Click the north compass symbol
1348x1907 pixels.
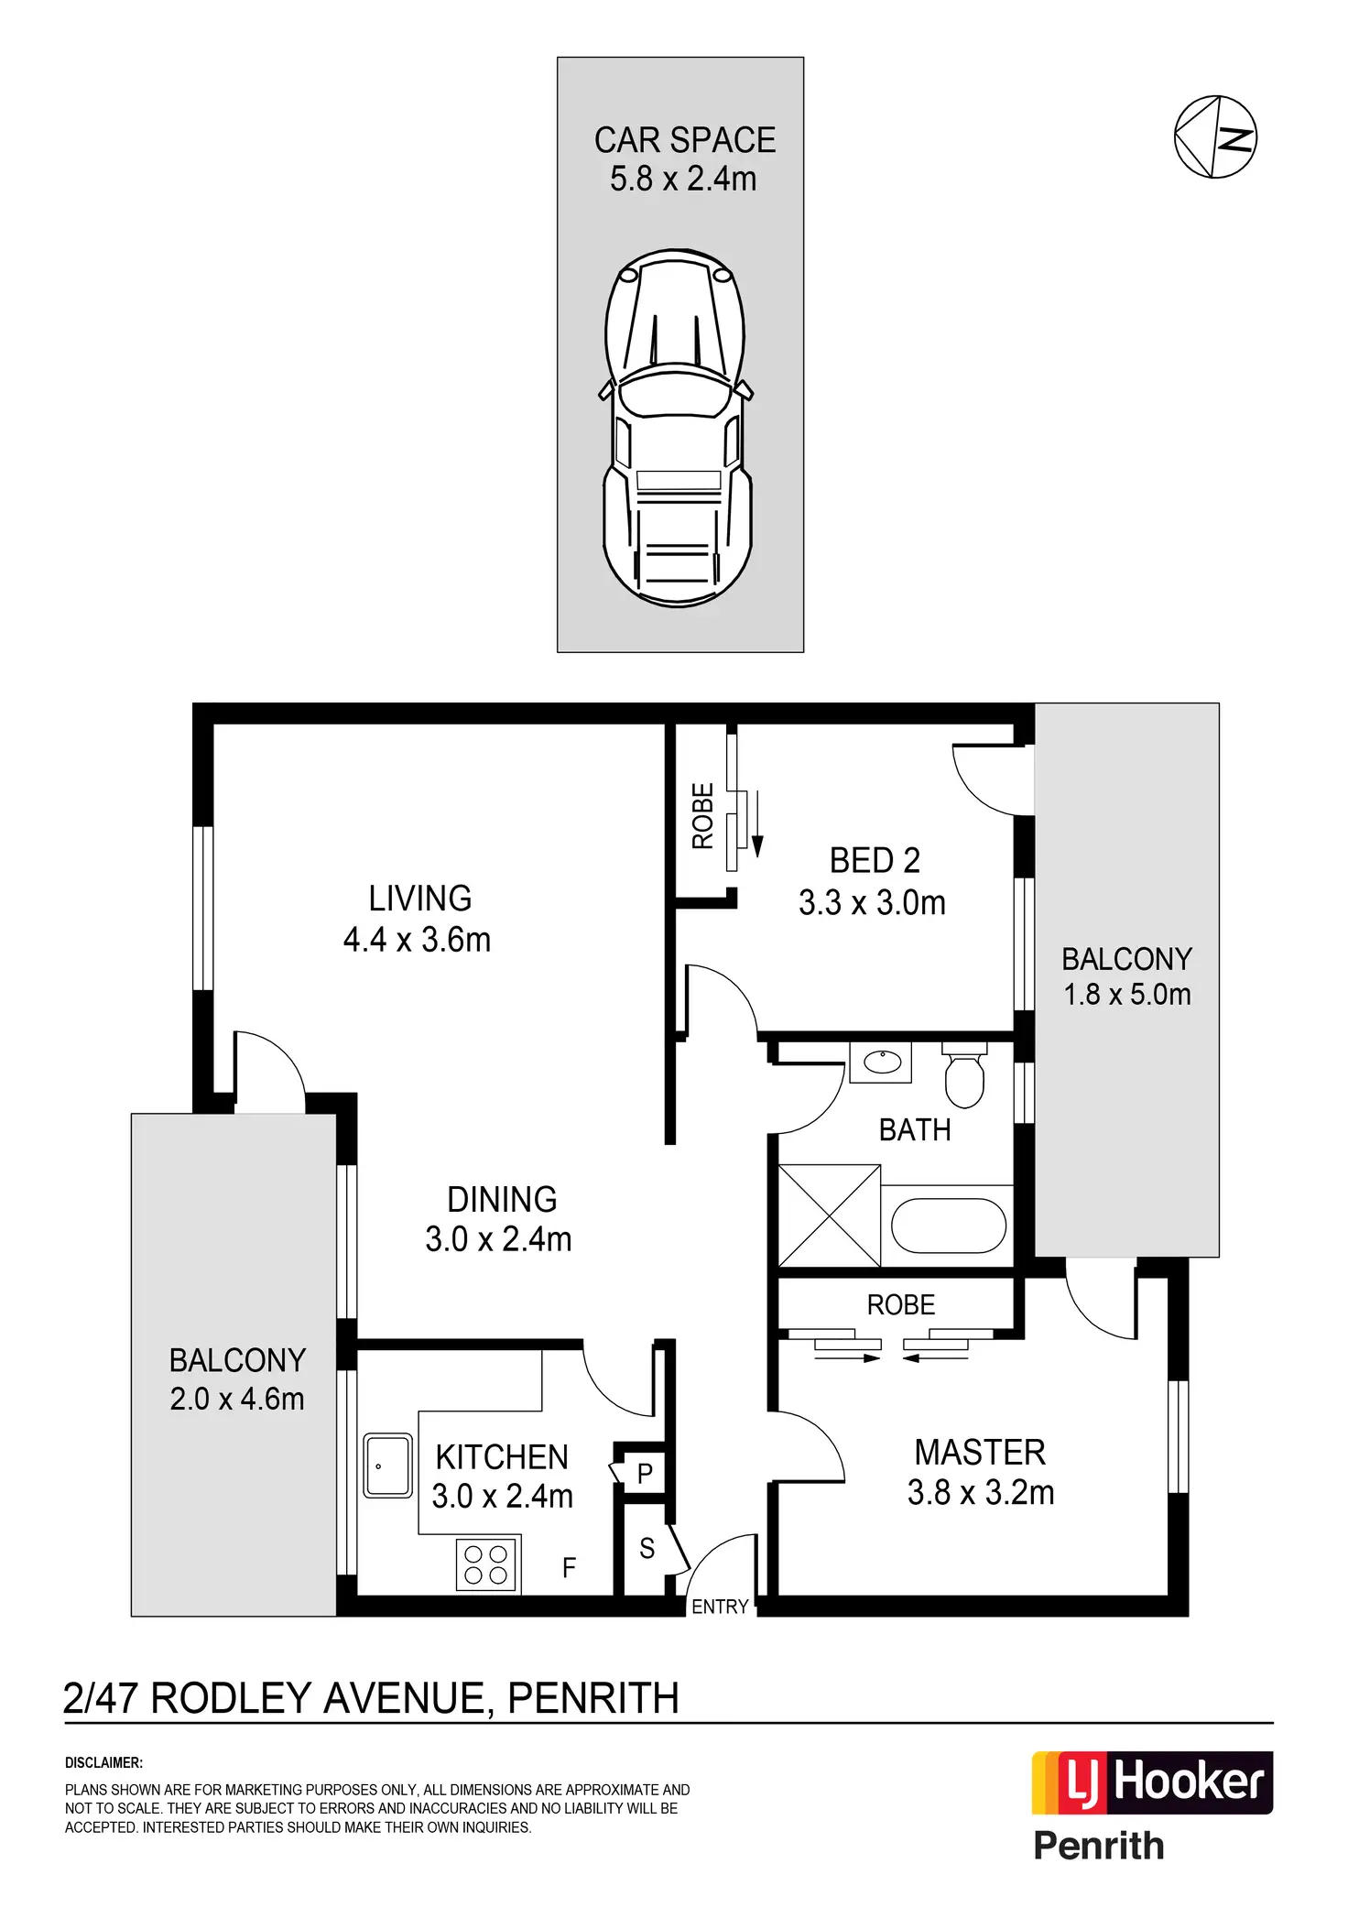pos(1215,136)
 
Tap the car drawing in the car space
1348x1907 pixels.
pos(677,427)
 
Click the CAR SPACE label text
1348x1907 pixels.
pos(685,140)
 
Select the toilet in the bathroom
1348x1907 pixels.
pos(963,1077)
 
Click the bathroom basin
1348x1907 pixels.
pos(883,1062)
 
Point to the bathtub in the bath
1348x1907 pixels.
pos(948,1225)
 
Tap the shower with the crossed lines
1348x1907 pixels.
pos(829,1215)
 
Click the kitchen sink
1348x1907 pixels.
pos(387,1466)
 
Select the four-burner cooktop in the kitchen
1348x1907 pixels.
pos(486,1564)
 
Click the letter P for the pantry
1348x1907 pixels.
pos(645,1474)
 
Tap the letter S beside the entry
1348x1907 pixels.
pos(647,1548)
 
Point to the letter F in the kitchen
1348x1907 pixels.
pos(569,1568)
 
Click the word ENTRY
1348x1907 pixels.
pos(720,1607)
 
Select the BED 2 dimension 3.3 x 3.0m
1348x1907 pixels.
pos(872,903)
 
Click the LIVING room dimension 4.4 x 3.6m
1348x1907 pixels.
pos(417,940)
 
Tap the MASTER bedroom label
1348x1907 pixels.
pos(980,1453)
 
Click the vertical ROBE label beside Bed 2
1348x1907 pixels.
pos(702,815)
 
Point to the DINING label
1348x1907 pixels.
pos(502,1199)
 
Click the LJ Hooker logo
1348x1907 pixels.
pos(1152,1782)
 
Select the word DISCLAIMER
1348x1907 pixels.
pos(103,1762)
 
